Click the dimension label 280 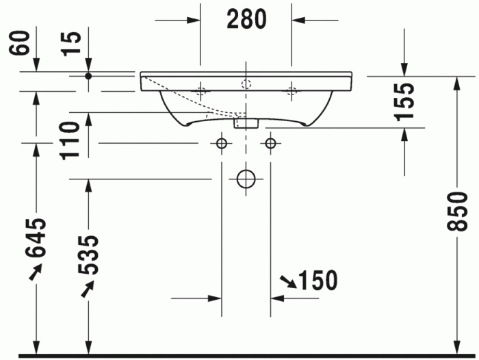[246, 20]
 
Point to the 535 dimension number [88, 254]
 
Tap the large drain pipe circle [246, 179]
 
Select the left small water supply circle [221, 143]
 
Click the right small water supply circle [271, 143]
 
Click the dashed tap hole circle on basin [246, 85]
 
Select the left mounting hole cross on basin [200, 90]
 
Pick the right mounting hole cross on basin [292, 90]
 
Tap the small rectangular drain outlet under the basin [245, 124]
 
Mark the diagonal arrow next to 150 [287, 281]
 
